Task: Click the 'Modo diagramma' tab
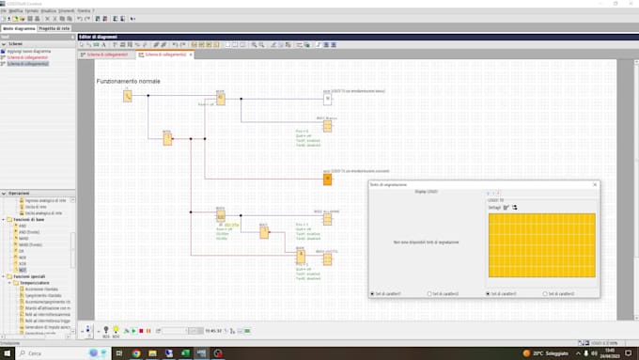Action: (x=18, y=28)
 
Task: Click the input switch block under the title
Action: (x=128, y=96)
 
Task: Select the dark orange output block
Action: (x=327, y=179)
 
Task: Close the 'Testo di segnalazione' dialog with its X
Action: (x=595, y=184)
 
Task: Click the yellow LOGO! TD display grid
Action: (x=541, y=244)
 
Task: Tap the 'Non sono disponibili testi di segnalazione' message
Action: (x=427, y=243)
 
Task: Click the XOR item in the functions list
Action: (x=23, y=264)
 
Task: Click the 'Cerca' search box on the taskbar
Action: (x=47, y=352)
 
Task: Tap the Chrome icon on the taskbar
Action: (x=136, y=352)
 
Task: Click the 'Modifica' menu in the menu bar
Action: (x=16, y=9)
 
